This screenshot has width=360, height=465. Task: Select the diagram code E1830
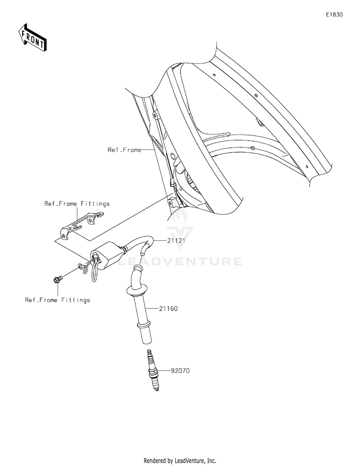tap(335, 15)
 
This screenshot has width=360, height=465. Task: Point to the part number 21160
tap(169, 309)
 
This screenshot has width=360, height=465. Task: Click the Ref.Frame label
tap(124, 150)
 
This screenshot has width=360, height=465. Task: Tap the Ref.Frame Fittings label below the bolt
tap(57, 300)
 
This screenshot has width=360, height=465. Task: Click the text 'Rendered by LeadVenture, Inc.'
tap(180, 460)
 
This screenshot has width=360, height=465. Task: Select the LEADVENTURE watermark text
tap(180, 262)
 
